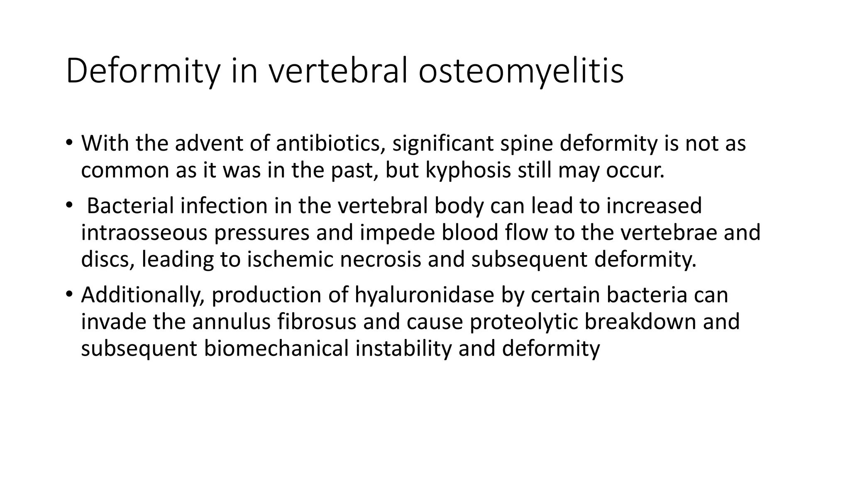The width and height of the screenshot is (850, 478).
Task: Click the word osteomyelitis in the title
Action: tap(520, 71)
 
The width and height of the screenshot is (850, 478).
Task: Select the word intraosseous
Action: tap(144, 232)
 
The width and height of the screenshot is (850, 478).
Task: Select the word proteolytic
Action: tap(524, 322)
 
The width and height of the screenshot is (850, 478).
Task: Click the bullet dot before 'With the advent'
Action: tap(68, 144)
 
